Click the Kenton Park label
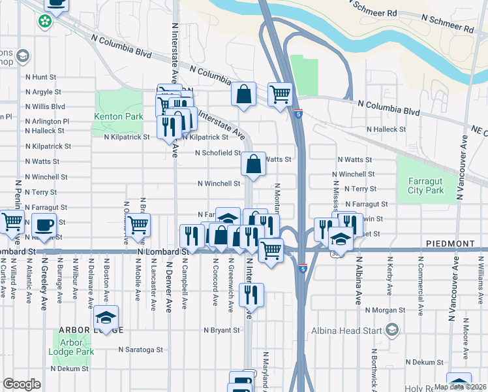pos(118,117)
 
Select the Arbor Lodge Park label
pos(72,347)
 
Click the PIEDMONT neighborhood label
pos(450,243)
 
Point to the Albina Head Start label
pos(350,331)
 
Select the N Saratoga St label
pos(141,350)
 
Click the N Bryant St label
pos(222,331)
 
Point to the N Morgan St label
pos(386,310)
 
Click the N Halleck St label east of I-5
pos(386,129)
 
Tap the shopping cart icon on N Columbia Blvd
pos(280,95)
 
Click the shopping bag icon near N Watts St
pos(253,163)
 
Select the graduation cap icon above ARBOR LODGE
pos(105,318)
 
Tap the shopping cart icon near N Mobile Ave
pos(138,225)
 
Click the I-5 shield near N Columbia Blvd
pos(298,113)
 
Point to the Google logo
pos(22,385)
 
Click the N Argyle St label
pos(43,92)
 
